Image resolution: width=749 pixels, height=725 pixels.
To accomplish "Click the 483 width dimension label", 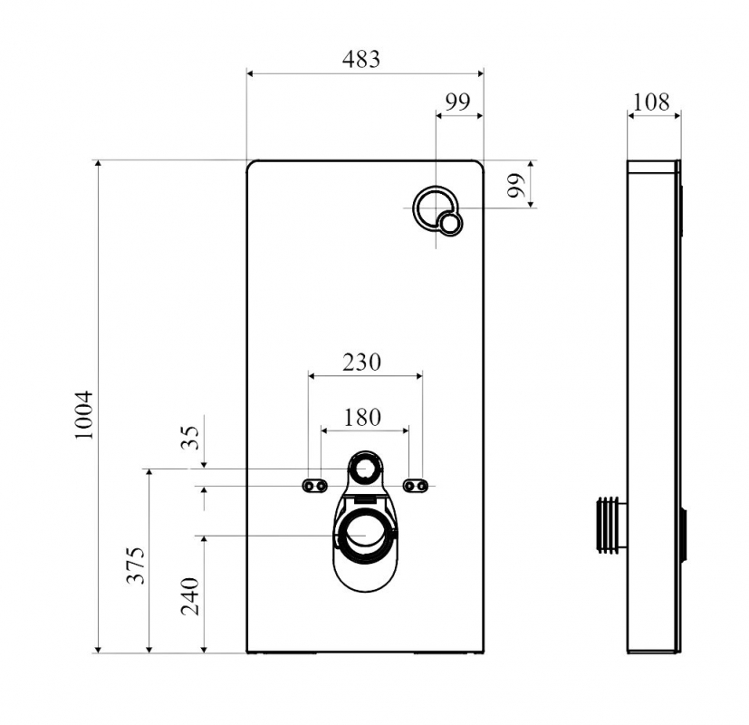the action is pyautogui.click(x=361, y=59).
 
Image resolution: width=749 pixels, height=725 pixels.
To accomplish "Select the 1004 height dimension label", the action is pyautogui.click(x=84, y=415).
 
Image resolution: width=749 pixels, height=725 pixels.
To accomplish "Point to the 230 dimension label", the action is pyautogui.click(x=361, y=362).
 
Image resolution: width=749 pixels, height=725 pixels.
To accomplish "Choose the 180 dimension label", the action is pyautogui.click(x=362, y=417).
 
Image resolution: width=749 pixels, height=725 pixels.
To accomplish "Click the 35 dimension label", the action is pyautogui.click(x=190, y=437).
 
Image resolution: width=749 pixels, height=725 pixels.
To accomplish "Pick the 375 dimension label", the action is pyautogui.click(x=135, y=565).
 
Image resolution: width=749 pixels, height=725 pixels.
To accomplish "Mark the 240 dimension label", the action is pyautogui.click(x=189, y=596).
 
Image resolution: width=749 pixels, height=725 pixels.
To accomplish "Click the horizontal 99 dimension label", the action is pyautogui.click(x=457, y=101).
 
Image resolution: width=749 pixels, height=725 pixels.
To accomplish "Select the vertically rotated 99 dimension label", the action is pyautogui.click(x=516, y=186).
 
